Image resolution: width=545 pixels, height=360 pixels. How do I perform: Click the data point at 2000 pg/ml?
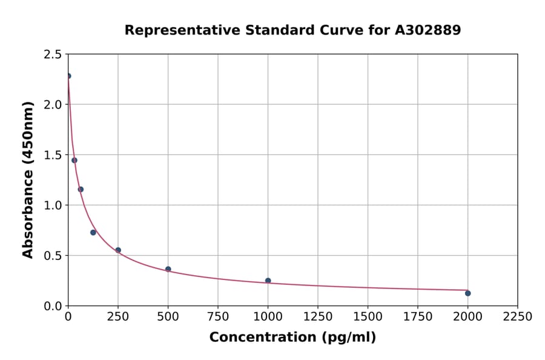(x=467, y=293)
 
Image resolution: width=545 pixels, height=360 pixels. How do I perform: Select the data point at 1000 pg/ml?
(x=268, y=281)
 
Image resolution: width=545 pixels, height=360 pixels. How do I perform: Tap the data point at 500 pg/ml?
(x=168, y=269)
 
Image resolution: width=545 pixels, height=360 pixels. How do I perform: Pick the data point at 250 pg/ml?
(x=118, y=250)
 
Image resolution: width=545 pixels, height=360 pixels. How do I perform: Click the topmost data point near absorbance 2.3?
(x=68, y=76)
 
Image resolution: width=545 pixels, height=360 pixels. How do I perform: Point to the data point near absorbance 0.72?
(x=93, y=233)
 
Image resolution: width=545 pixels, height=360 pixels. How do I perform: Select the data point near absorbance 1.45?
(x=74, y=161)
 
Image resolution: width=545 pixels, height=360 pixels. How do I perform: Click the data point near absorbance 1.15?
(x=81, y=190)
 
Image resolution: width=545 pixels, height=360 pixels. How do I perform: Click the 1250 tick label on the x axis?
(x=317, y=317)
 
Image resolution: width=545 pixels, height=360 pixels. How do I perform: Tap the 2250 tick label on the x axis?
(x=517, y=317)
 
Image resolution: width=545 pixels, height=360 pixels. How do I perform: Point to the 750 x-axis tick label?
(x=218, y=317)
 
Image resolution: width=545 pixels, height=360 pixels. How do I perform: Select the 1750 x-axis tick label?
(x=417, y=317)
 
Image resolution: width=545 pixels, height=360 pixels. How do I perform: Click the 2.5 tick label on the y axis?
(x=53, y=55)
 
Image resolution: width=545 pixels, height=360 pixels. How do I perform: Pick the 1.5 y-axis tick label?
(x=53, y=155)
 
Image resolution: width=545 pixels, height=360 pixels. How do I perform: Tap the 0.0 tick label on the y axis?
(x=53, y=306)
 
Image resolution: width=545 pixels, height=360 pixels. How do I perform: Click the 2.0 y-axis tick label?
(x=53, y=105)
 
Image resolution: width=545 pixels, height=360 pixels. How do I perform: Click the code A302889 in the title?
(x=428, y=30)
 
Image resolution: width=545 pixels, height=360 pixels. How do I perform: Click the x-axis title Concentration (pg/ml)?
(x=292, y=338)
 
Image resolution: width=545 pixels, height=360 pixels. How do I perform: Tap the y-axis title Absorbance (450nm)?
(x=28, y=180)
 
